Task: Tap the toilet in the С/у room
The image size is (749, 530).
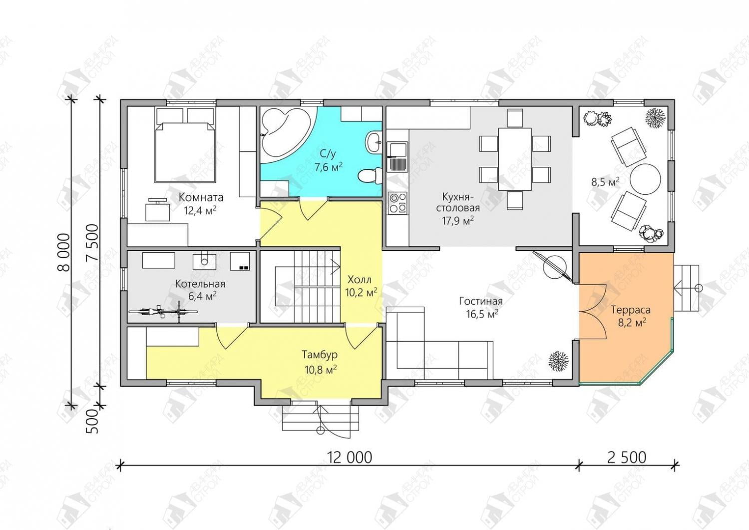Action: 370,175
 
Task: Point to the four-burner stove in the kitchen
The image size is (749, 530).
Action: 397,203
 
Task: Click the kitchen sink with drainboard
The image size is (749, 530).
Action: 397,156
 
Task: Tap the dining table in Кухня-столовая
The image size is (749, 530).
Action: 515,159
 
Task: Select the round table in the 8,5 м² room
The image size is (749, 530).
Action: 645,178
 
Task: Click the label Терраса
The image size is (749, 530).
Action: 631,310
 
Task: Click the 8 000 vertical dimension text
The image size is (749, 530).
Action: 64,252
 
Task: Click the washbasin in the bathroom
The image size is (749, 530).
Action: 374,143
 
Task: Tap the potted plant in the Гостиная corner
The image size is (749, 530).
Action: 558,361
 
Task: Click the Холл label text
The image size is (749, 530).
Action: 360,279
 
